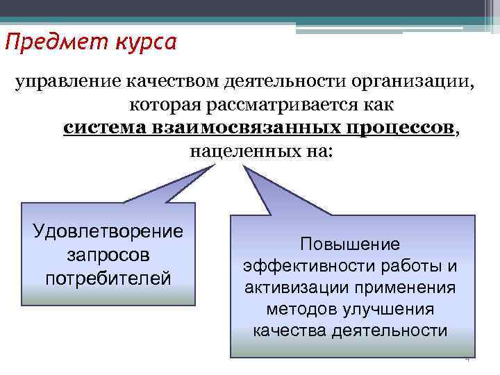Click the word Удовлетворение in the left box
(108, 231)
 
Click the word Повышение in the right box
(350, 244)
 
